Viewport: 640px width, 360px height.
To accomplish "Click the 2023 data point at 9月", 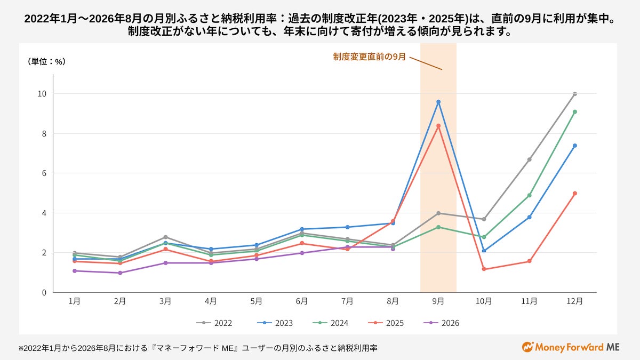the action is [x=438, y=102].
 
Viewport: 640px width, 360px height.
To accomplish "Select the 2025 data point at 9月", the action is [x=438, y=126].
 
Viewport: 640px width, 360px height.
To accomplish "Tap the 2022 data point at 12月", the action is [x=575, y=94].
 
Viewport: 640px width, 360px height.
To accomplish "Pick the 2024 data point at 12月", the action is [x=575, y=111].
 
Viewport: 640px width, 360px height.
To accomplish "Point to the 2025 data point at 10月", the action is [x=484, y=269].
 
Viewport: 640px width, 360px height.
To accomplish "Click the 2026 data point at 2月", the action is [x=120, y=273].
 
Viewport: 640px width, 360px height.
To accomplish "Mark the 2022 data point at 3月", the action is [x=165, y=237].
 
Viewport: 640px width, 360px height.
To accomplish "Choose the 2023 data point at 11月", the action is [x=529, y=217].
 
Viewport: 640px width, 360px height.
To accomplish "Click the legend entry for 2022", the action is [x=214, y=323].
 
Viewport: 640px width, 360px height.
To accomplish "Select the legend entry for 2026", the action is [x=442, y=323].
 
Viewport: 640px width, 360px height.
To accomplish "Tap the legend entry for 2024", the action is [x=331, y=323].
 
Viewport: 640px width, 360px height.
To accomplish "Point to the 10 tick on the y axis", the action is [x=42, y=94].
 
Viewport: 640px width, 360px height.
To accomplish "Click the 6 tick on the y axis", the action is [x=44, y=173].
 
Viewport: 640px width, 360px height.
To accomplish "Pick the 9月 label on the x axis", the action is [x=438, y=301].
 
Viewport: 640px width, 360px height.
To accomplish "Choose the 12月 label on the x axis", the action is [x=574, y=301].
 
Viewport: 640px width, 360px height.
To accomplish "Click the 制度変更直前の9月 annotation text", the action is [x=370, y=57].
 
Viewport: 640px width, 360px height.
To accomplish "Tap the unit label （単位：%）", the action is [x=46, y=61].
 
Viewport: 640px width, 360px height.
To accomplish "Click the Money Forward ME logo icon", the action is [x=527, y=347].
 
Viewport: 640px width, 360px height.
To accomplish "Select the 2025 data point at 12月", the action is [x=575, y=194].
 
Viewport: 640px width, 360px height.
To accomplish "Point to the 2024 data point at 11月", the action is [x=529, y=195].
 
